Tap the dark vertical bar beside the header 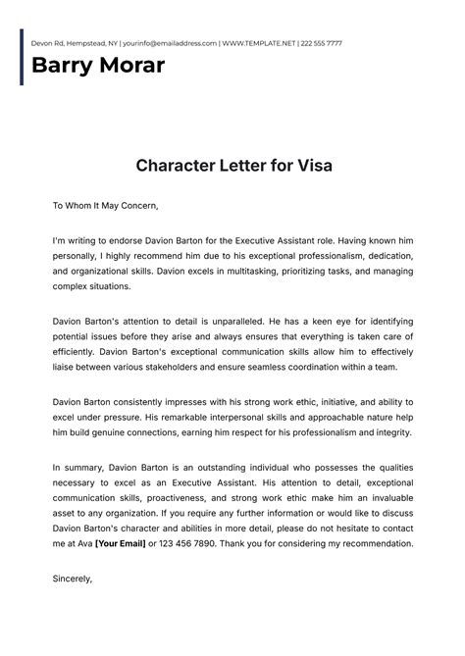tap(21, 57)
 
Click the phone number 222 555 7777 tap(321, 44)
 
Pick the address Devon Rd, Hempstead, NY tap(69, 44)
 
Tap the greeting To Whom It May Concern tap(105, 206)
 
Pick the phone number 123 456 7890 tap(206, 543)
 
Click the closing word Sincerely tap(73, 579)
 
